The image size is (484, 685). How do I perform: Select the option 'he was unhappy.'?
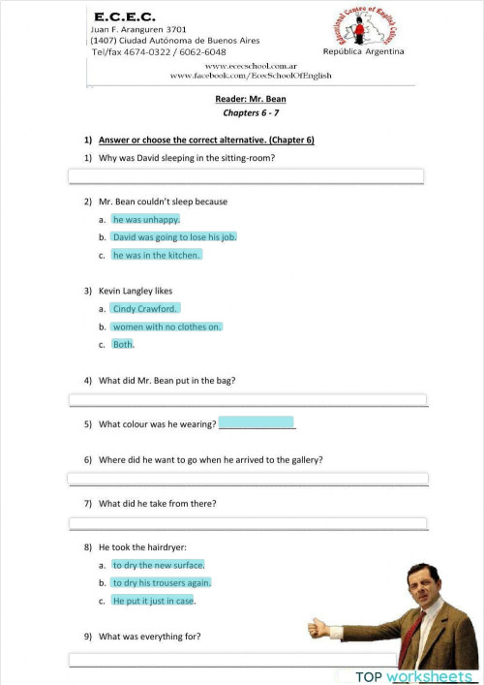145,219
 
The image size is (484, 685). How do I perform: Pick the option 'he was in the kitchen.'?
156,255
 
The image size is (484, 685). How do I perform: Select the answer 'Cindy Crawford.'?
145,309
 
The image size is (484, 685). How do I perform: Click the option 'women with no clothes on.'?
166,327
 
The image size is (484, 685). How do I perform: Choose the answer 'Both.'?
123,344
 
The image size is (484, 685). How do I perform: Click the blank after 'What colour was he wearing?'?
257,423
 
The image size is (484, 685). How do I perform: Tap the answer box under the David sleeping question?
246,175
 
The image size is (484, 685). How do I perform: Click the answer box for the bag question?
246,399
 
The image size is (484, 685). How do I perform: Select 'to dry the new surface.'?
158,565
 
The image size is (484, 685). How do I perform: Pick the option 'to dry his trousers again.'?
161,582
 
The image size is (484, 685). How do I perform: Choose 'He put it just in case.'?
153,601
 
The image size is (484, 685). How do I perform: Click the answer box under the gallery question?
246,479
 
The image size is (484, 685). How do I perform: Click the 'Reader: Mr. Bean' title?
251,99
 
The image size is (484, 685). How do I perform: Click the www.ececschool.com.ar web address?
251,64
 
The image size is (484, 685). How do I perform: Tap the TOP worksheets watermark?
413,675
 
